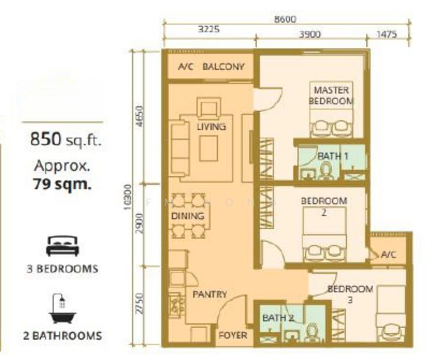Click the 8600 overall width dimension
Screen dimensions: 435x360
(x=285, y=19)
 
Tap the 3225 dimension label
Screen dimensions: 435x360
(x=209, y=29)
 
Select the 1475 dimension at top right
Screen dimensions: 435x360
(x=387, y=34)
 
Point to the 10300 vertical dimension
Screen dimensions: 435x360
(x=127, y=197)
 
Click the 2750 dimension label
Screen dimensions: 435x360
(x=140, y=304)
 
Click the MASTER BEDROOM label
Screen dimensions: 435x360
(x=331, y=95)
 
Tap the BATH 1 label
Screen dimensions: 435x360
(x=332, y=156)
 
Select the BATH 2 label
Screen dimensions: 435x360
(x=278, y=318)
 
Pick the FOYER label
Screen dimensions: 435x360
(x=233, y=335)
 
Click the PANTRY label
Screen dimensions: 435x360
(x=210, y=294)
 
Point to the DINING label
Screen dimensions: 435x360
(x=188, y=216)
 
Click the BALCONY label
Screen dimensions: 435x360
(x=223, y=67)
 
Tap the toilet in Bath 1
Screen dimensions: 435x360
(x=325, y=171)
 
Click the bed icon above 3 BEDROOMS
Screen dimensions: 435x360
(x=62, y=246)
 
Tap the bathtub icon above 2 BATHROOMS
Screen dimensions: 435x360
(x=62, y=308)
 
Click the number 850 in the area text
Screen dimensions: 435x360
(x=46, y=139)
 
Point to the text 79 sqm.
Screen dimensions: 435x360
(x=62, y=184)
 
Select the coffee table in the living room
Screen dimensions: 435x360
(x=208, y=148)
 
